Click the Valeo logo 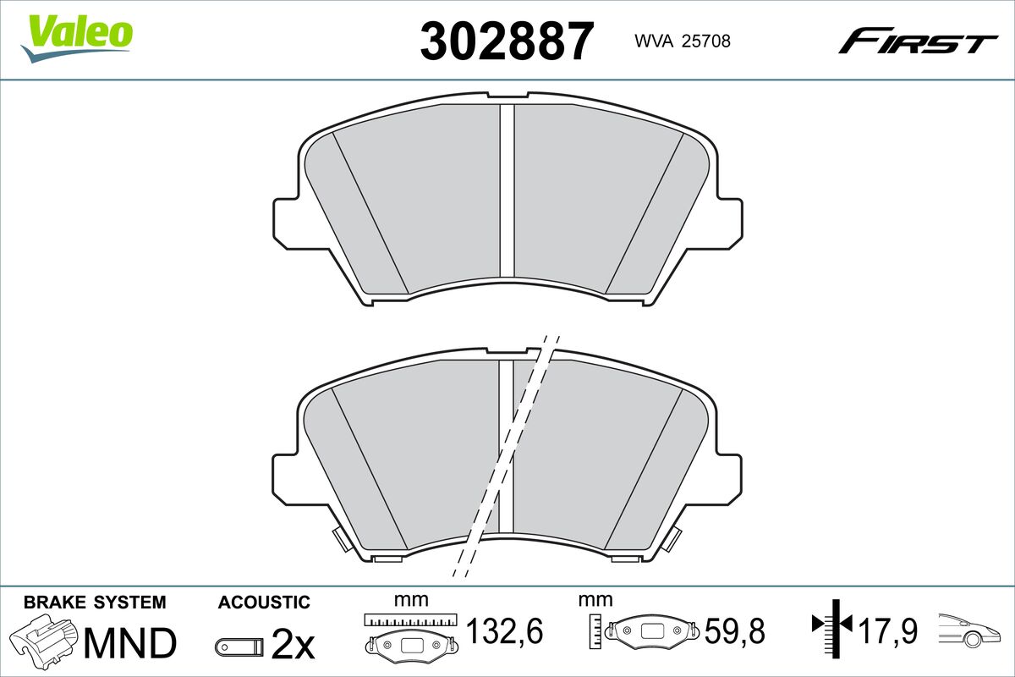tap(77, 38)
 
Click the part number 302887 tap(507, 41)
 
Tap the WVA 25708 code tap(683, 41)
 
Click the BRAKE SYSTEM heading tap(95, 603)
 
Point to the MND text tap(130, 643)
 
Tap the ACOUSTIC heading tap(264, 603)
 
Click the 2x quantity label tap(293, 644)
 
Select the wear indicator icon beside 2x tap(239, 647)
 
